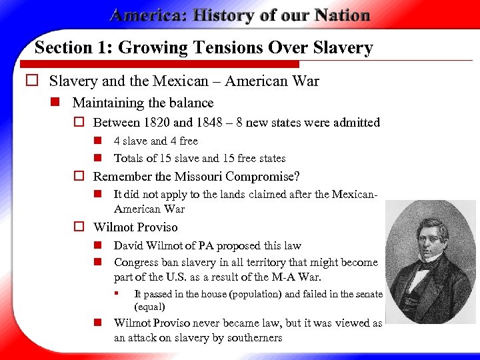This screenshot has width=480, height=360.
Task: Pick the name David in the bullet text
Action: tap(129, 246)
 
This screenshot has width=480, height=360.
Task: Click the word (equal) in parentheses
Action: tap(150, 307)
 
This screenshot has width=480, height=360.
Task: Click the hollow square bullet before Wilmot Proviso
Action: tap(78, 227)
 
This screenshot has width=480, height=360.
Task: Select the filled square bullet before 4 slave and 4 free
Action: tap(97, 141)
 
